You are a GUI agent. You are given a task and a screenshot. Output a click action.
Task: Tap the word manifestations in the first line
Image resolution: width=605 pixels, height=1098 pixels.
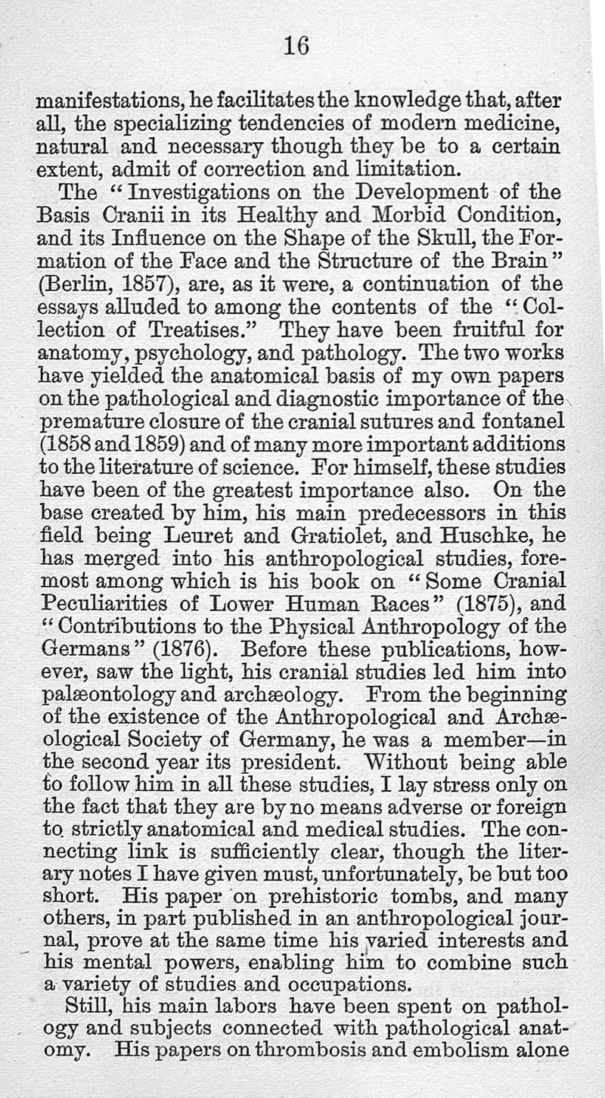[110, 101]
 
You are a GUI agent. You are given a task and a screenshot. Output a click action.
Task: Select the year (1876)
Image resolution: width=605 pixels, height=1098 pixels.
[180, 647]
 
